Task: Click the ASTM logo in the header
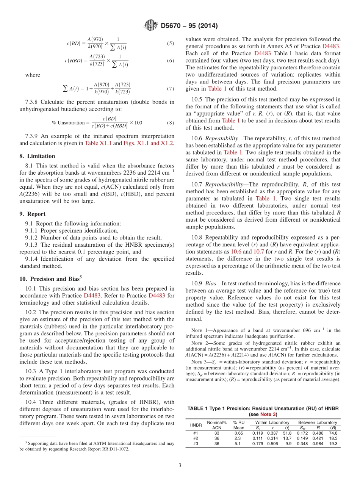pyautogui.click(x=151, y=26)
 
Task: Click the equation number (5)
pyautogui.click(x=170, y=44)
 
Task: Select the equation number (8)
pyautogui.click(x=170, y=123)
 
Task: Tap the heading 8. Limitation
pyautogui.click(x=37, y=156)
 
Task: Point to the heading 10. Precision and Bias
pyautogui.click(x=51, y=279)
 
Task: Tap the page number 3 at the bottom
pyautogui.click(x=180, y=466)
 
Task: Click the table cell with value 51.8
pyautogui.click(x=286, y=433)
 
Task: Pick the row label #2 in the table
pyautogui.click(x=196, y=438)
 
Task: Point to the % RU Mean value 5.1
pyautogui.click(x=237, y=444)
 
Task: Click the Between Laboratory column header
pyautogui.click(x=317, y=423)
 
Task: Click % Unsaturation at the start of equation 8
pyautogui.click(x=65, y=122)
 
